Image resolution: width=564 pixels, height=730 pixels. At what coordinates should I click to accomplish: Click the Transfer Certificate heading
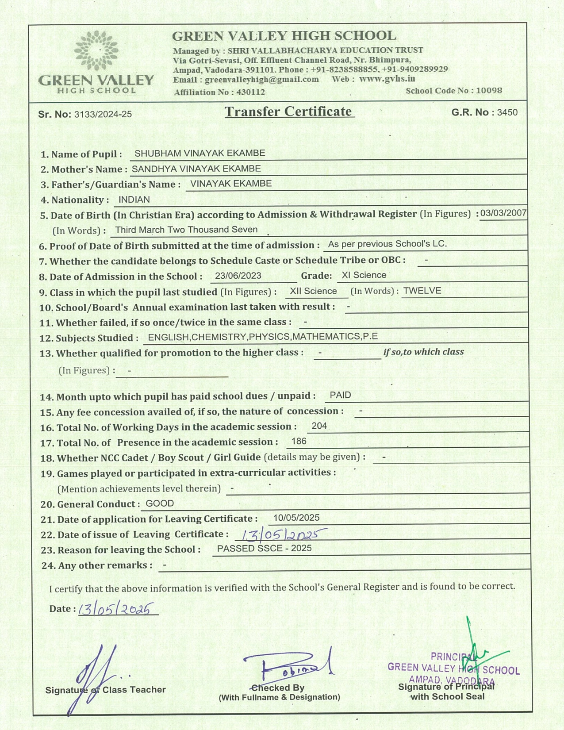pyautogui.click(x=288, y=112)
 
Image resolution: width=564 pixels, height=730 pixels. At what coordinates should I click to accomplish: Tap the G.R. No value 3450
pyautogui.click(x=507, y=112)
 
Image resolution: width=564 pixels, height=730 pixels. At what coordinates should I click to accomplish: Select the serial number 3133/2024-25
pyautogui.click(x=103, y=115)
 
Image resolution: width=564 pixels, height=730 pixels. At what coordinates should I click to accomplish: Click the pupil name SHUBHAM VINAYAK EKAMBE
pyautogui.click(x=200, y=154)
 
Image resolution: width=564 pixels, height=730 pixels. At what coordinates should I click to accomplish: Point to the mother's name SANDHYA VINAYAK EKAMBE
pyautogui.click(x=196, y=169)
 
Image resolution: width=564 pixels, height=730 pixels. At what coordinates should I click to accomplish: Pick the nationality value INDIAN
pyautogui.click(x=134, y=200)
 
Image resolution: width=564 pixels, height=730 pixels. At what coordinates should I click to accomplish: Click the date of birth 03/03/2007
pyautogui.click(x=503, y=213)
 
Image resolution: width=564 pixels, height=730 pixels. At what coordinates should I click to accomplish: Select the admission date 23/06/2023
pyautogui.click(x=238, y=276)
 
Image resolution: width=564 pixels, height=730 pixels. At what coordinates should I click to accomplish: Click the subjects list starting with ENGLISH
pyautogui.click(x=263, y=337)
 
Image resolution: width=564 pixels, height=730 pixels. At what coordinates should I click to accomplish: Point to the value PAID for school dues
pyautogui.click(x=340, y=396)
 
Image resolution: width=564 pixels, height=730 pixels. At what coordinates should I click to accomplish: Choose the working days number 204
pyautogui.click(x=319, y=426)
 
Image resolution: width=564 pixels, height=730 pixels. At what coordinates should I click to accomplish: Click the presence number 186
pyautogui.click(x=299, y=442)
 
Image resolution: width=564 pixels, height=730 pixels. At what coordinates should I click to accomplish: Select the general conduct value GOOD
pyautogui.click(x=160, y=503)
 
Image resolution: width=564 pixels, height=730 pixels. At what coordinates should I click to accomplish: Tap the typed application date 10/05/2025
pyautogui.click(x=296, y=518)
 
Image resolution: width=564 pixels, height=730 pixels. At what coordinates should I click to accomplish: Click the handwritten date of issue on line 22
pyautogui.click(x=281, y=535)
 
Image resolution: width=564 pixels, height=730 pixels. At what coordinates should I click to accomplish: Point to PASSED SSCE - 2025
pyautogui.click(x=264, y=549)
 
